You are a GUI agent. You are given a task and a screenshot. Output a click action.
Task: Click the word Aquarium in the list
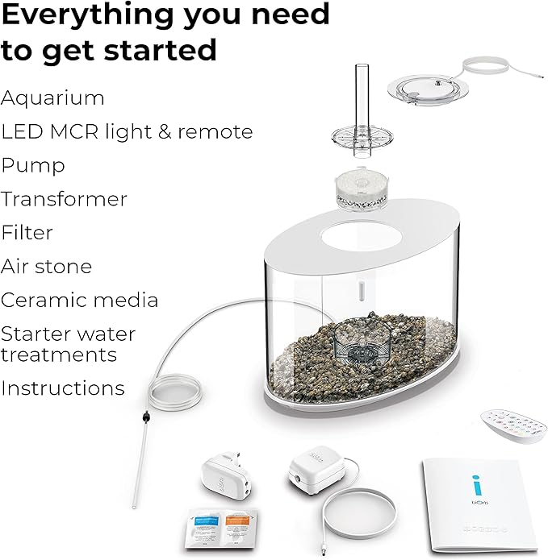point(52,98)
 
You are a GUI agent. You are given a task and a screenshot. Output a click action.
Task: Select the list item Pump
point(33,166)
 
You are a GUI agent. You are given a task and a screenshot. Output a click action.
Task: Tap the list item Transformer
point(64,199)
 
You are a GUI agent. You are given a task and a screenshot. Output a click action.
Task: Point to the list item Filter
point(27,233)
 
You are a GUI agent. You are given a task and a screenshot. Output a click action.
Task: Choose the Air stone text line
point(46,267)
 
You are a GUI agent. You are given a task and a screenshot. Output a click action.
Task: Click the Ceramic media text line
point(79,301)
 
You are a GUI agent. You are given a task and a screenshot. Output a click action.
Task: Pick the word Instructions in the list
point(62,388)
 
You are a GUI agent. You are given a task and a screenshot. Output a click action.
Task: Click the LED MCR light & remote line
point(127,132)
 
